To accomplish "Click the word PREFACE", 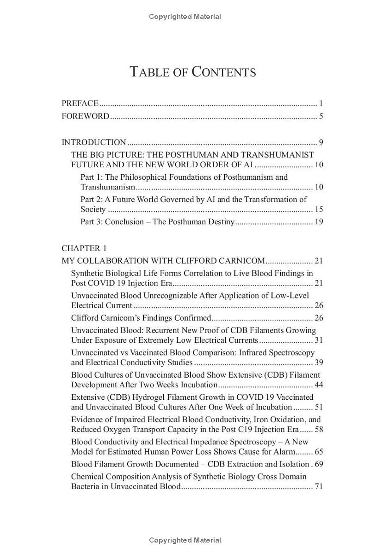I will (80, 103).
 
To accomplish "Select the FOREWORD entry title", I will (86, 116).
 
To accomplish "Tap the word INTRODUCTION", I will (94, 142).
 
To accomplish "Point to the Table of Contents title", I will (193, 72).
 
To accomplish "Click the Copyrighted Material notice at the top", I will (185, 17).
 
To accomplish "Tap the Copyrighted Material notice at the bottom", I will (185, 540).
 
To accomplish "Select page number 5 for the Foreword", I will (321, 116).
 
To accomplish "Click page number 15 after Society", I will (319, 209).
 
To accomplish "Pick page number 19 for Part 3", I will (319, 221).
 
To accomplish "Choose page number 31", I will (319, 340).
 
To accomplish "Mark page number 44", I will (319, 385).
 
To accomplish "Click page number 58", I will (319, 429).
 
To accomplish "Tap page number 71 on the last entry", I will (319, 486).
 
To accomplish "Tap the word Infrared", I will (254, 353).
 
